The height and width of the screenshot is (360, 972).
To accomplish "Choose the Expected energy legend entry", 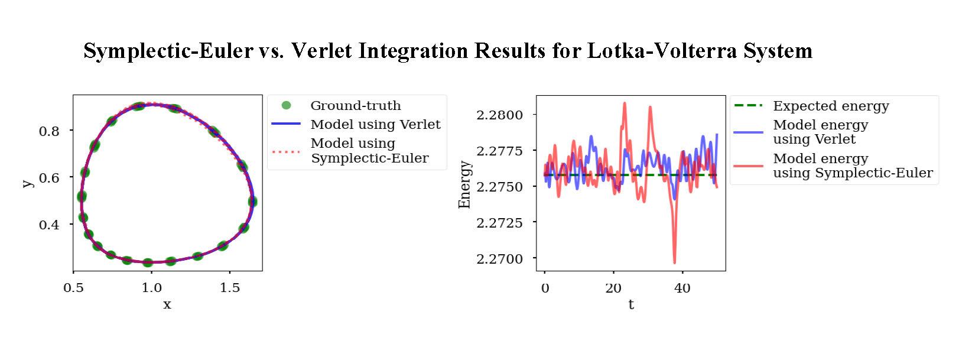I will [831, 106].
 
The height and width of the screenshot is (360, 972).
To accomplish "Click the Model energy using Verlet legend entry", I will [820, 132].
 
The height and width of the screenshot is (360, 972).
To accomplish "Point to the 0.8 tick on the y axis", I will [49, 131].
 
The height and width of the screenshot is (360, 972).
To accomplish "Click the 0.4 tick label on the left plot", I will [49, 225].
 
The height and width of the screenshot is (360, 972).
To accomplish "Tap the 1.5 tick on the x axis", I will [230, 288].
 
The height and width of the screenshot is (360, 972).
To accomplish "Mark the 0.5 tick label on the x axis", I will [73, 288].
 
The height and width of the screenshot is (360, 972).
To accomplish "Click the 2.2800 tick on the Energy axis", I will [499, 115].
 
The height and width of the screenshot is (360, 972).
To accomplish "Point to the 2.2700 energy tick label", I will [499, 259].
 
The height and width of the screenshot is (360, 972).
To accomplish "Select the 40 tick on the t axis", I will [682, 288].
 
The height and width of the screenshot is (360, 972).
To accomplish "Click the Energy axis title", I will [464, 184].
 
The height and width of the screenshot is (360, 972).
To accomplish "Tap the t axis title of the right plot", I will [631, 304].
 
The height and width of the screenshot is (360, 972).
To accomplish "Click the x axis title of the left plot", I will [167, 304].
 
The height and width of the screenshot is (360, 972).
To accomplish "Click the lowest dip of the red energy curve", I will [674, 262].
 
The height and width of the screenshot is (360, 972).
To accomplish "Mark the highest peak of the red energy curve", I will [625, 103].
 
